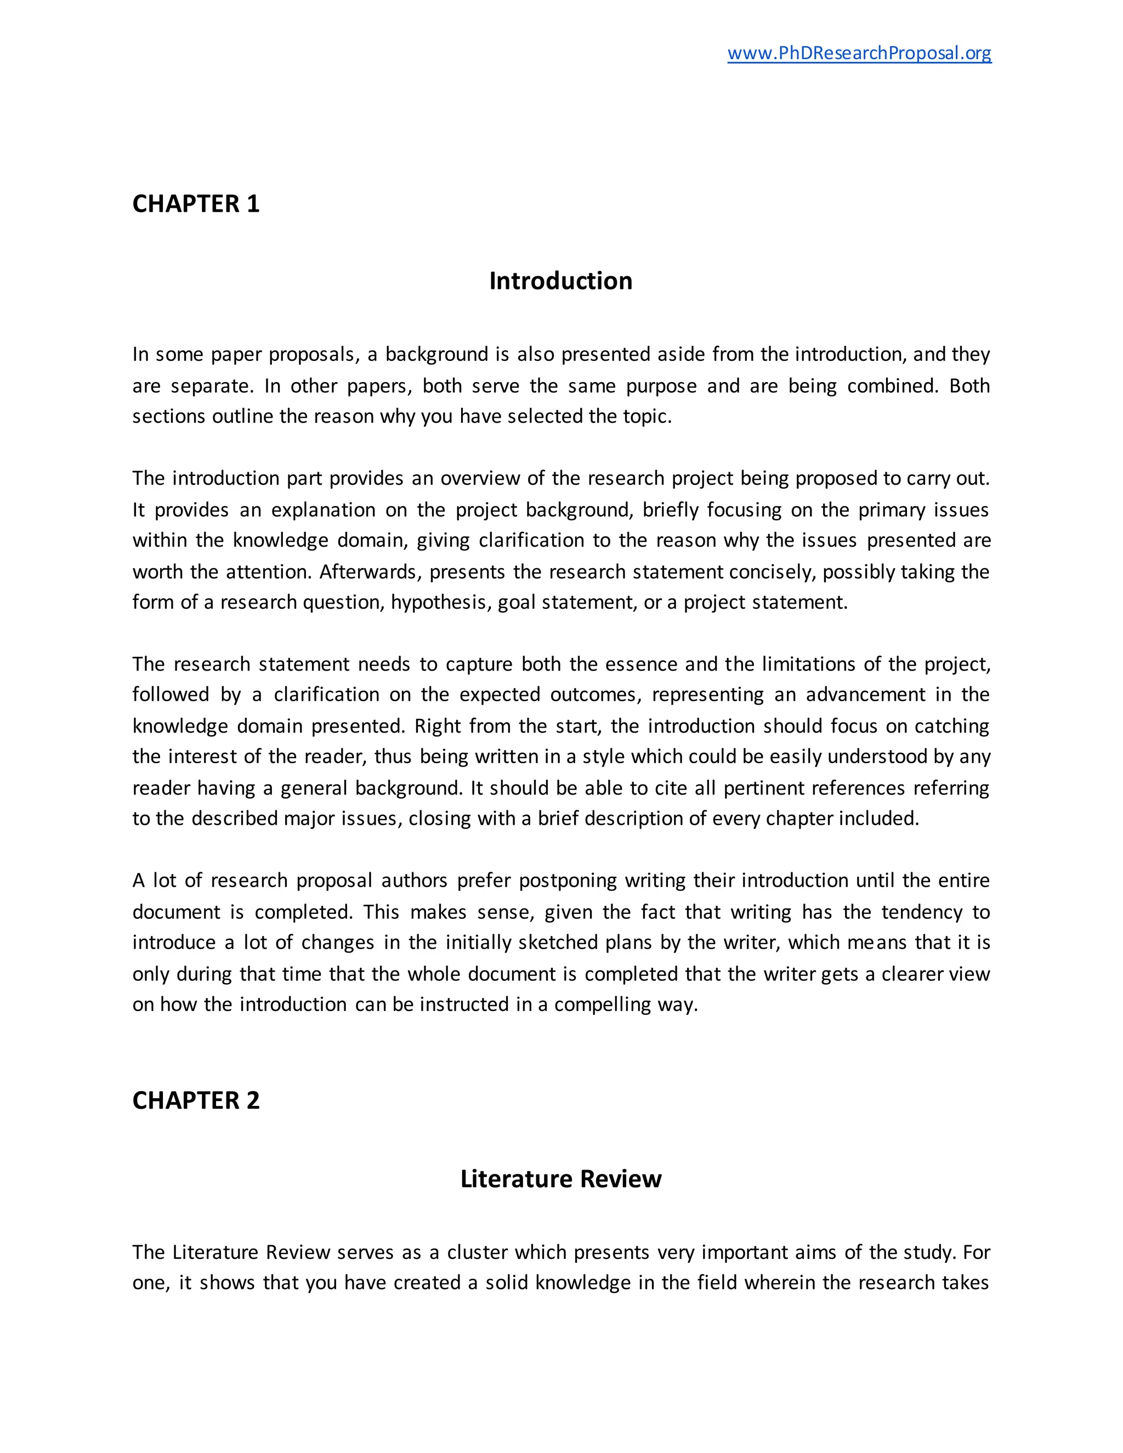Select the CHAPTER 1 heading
pos(196,203)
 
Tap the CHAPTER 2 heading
pos(196,1100)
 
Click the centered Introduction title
pos(560,281)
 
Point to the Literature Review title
pos(560,1178)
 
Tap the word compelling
pos(602,1004)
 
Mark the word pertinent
pos(760,788)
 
